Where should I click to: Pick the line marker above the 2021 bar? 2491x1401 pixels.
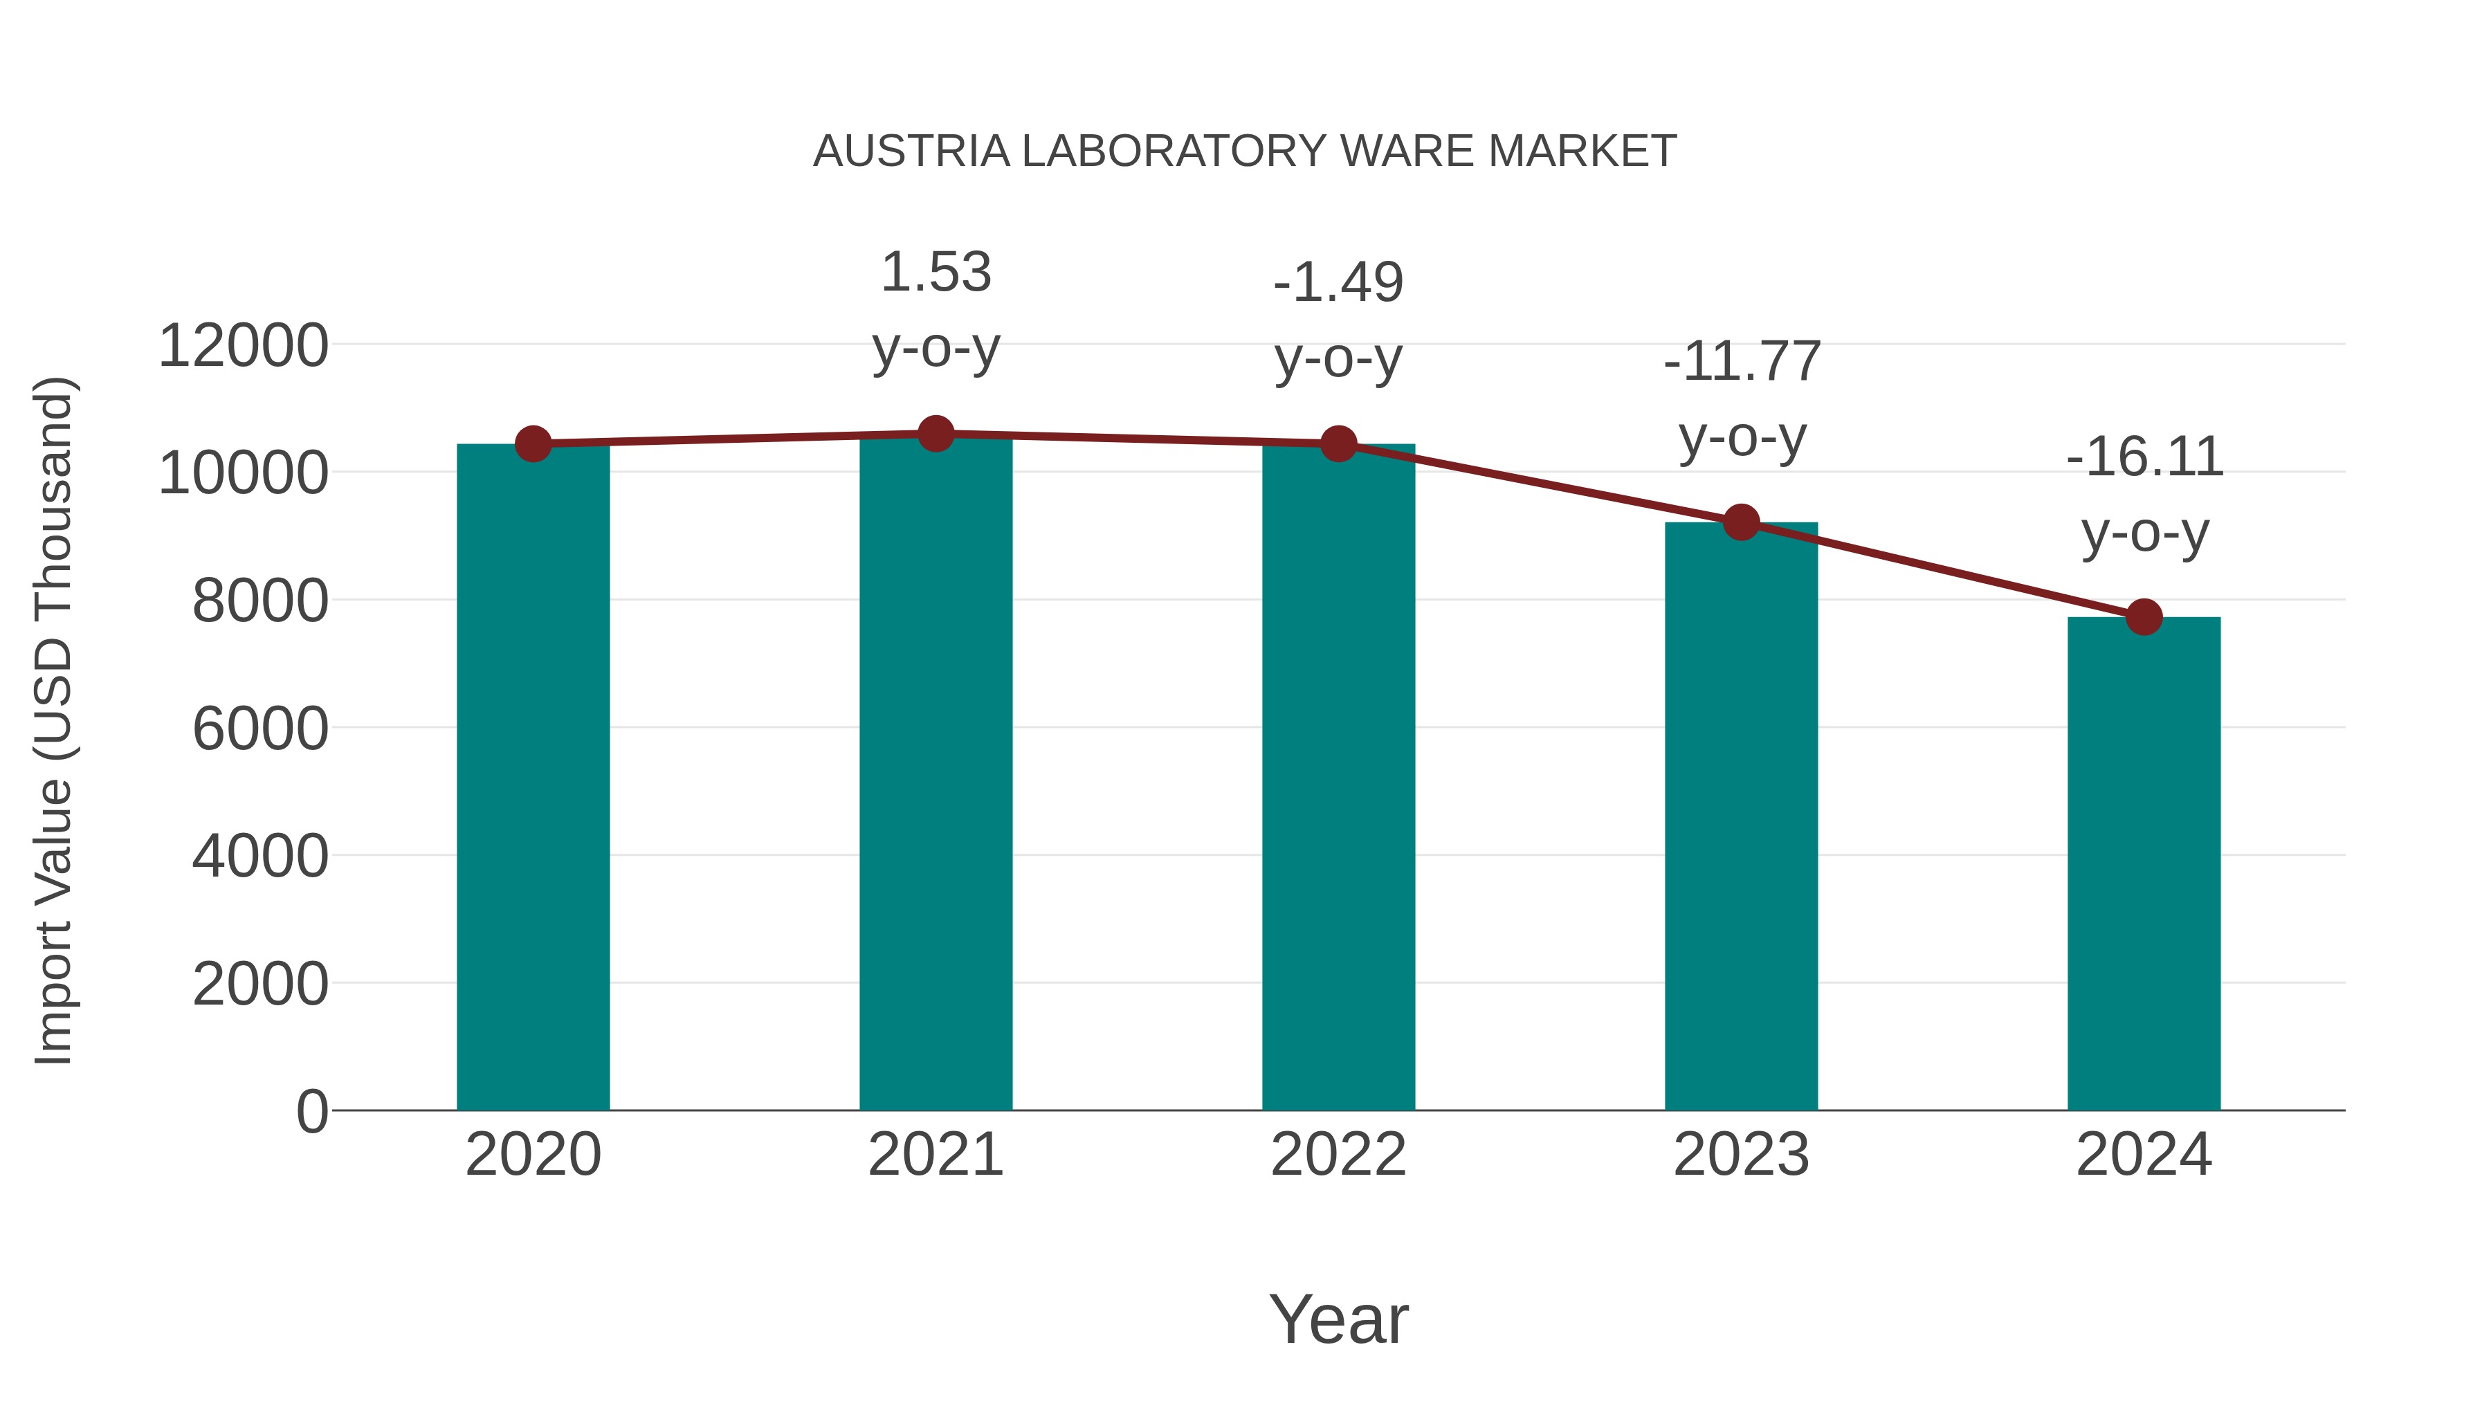click(x=935, y=434)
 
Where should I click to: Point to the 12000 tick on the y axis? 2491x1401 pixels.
click(x=243, y=346)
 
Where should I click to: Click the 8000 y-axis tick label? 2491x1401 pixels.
click(x=260, y=601)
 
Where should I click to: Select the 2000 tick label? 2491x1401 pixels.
click(x=260, y=985)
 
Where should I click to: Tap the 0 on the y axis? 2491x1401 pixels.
click(x=311, y=1111)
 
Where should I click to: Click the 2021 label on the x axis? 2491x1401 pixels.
click(x=935, y=1155)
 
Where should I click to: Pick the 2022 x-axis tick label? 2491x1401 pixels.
click(x=1338, y=1155)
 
